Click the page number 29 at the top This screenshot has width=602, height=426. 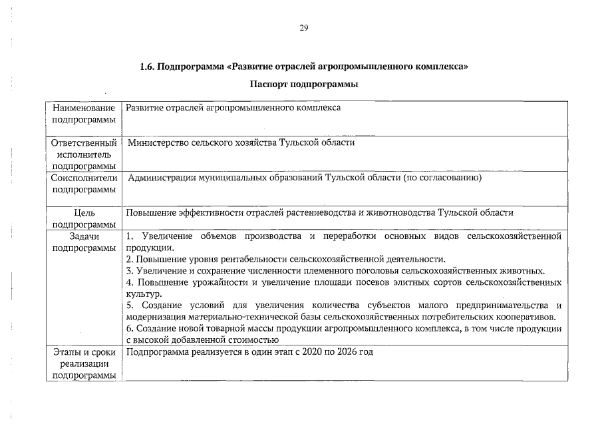pyautogui.click(x=303, y=27)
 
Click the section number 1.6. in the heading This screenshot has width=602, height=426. pyautogui.click(x=147, y=67)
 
